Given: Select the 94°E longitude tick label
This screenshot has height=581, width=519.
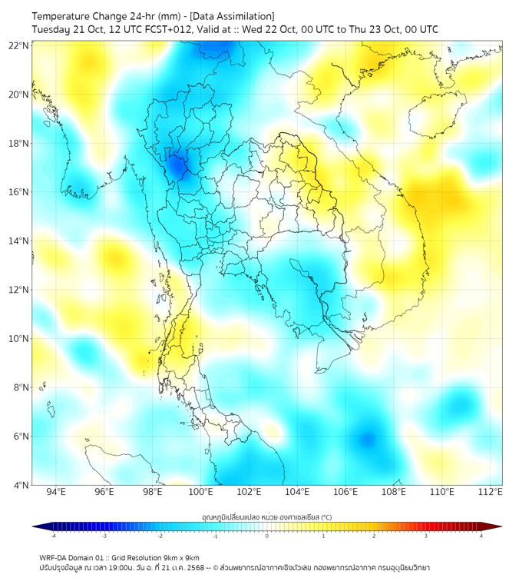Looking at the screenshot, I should click(56, 493).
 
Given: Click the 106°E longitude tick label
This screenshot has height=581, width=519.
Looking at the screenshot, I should click(345, 493).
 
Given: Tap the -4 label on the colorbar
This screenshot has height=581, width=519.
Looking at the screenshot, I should click(52, 536).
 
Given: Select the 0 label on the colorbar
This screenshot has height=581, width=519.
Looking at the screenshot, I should click(267, 536).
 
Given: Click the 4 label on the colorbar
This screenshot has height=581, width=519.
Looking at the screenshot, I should click(481, 536).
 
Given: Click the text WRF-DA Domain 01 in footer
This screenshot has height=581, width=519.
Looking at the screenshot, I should click(73, 557).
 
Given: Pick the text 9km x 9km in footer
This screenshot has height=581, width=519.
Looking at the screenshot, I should click(180, 557).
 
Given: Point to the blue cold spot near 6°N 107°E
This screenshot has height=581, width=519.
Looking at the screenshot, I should click(367, 440).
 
